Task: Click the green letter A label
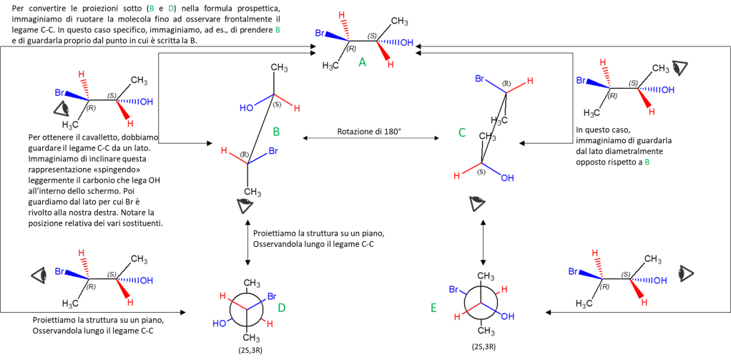362,63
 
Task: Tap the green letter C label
462,132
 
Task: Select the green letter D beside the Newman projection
281,308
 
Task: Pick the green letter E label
433,308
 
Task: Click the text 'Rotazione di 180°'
369,132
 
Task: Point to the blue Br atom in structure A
322,34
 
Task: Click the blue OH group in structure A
406,43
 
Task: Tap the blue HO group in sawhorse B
247,108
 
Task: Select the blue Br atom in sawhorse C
481,78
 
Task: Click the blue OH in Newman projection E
507,315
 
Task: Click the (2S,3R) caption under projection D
247,349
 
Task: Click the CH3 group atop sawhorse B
279,68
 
